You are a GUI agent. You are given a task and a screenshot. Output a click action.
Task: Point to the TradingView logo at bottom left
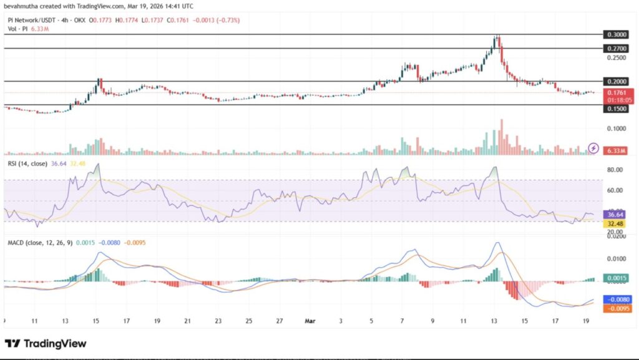(46, 344)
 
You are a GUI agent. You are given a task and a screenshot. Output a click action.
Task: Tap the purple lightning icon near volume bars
(593, 148)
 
